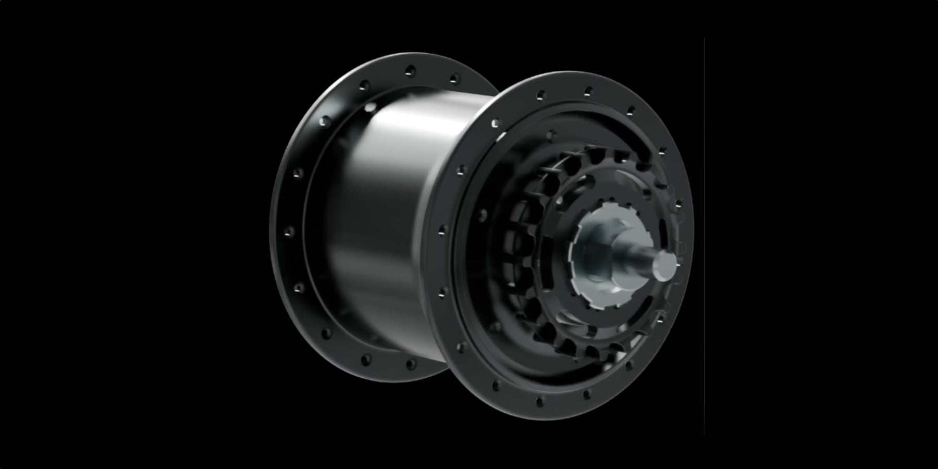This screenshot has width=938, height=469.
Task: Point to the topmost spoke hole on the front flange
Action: point(588,91)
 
